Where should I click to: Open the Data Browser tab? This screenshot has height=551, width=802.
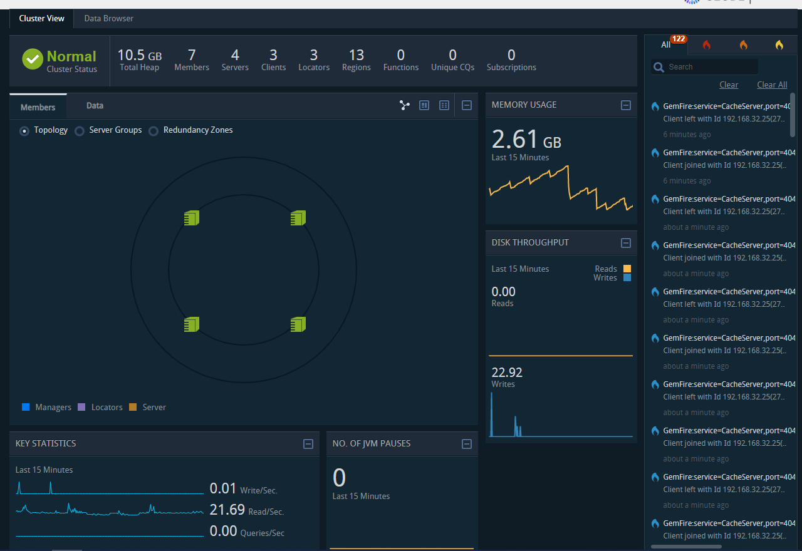[108, 19]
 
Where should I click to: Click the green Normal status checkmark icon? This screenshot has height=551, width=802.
[33, 59]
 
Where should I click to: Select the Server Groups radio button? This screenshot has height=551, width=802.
[80, 131]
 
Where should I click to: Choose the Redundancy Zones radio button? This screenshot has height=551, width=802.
[154, 131]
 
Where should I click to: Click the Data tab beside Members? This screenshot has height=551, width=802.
[95, 106]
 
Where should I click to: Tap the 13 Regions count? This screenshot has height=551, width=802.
[356, 55]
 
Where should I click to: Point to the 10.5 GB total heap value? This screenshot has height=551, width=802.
[139, 55]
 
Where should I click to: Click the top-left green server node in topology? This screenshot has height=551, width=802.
[191, 218]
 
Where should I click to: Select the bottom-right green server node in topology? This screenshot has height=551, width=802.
[298, 324]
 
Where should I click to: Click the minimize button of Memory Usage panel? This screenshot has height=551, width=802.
[625, 105]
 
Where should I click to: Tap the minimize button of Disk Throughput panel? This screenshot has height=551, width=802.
[625, 243]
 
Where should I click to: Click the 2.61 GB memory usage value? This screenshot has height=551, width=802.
[526, 140]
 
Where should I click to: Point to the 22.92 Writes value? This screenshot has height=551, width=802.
[507, 373]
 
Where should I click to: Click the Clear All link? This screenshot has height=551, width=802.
[772, 85]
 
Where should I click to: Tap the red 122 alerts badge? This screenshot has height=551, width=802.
[678, 39]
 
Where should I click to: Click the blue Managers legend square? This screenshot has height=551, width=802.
[26, 407]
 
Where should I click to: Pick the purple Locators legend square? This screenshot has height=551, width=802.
[81, 407]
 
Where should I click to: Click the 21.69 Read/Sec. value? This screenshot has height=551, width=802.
[227, 510]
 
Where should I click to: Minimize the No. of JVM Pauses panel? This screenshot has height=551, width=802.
[466, 444]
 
